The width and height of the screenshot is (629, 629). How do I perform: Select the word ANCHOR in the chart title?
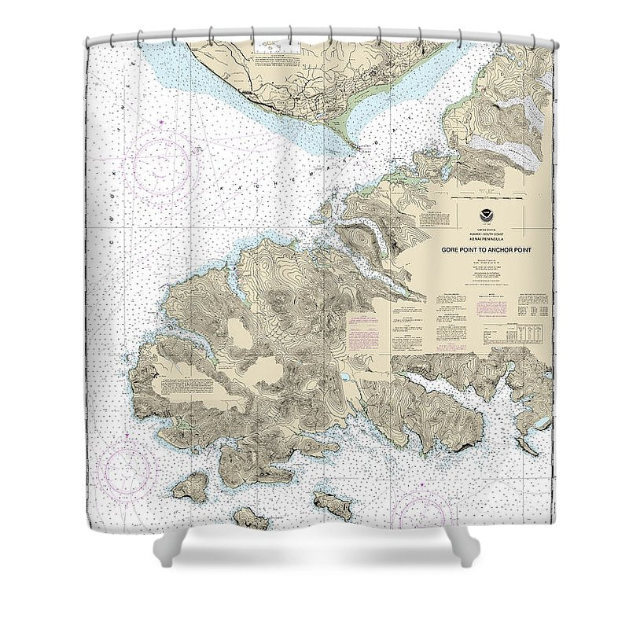coord(501,247)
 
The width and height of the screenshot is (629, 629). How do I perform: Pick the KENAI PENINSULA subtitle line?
coord(483,236)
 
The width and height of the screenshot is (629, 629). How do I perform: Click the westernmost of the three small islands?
coord(190,488)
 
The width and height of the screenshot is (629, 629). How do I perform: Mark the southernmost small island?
coord(250,518)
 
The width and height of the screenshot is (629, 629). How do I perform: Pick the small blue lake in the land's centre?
coord(344,379)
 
